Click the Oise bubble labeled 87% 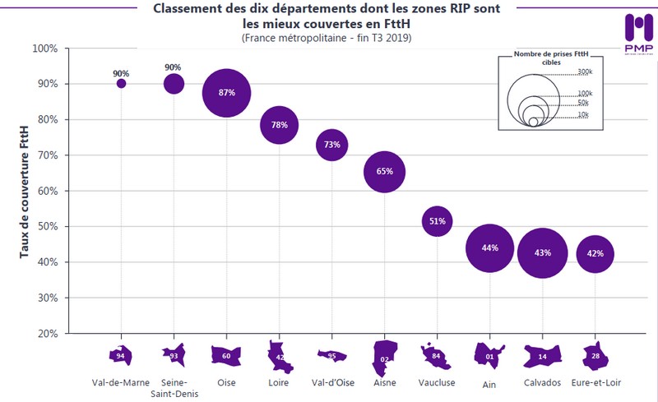pyautogui.click(x=226, y=93)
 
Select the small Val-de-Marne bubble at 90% pyautogui.click(x=122, y=83)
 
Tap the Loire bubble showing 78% pyautogui.click(x=279, y=125)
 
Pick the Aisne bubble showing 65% pyautogui.click(x=384, y=172)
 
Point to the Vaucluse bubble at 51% pyautogui.click(x=437, y=221)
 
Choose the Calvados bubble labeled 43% pyautogui.click(x=542, y=252)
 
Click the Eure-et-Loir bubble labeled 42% pyautogui.click(x=595, y=254)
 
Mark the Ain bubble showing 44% pyautogui.click(x=489, y=248)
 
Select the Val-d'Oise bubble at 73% pyautogui.click(x=331, y=145)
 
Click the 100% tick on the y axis pyautogui.click(x=45, y=49)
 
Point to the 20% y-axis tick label pyautogui.click(x=45, y=334)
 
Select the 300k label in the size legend pyautogui.click(x=584, y=72)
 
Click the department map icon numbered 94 pyautogui.click(x=121, y=356)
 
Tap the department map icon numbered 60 pyautogui.click(x=226, y=357)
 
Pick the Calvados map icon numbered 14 pyautogui.click(x=542, y=357)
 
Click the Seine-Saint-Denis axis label pyautogui.click(x=174, y=387)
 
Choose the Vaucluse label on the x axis pyautogui.click(x=437, y=382)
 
